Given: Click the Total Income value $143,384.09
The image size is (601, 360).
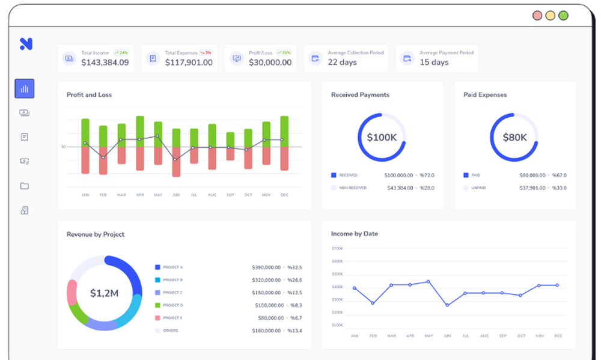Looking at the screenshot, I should tap(105, 63).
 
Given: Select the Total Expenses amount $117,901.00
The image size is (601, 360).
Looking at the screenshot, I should tap(189, 63).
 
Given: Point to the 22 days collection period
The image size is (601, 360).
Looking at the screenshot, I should tap(342, 63).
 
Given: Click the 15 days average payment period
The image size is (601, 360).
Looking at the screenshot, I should tap(434, 63).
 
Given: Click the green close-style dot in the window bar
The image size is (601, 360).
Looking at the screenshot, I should tap(563, 16).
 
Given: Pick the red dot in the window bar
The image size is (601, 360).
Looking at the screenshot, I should tap(537, 16).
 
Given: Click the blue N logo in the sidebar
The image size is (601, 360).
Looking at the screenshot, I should tap(25, 43).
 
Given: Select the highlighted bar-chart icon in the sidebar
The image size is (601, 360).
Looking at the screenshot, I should tap(25, 88).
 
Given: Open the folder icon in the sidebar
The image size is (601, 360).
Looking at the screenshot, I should tap(25, 186).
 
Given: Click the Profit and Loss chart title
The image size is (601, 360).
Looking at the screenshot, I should tap(89, 95).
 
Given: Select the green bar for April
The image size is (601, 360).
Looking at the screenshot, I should tap(140, 131).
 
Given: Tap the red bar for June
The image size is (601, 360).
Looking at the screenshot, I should tap(176, 161).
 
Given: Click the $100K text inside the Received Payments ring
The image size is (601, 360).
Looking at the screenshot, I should tap(381, 138).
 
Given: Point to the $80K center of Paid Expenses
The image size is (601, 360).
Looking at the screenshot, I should tap(514, 138).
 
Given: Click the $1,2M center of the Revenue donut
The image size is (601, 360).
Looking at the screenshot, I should tap(105, 293).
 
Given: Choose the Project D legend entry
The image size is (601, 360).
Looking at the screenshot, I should tap(172, 305).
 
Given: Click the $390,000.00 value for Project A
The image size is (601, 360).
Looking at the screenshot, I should tap(265, 267).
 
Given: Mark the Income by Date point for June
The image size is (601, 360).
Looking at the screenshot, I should tap(447, 305).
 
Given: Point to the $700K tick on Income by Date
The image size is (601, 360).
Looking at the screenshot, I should tap(337, 248).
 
